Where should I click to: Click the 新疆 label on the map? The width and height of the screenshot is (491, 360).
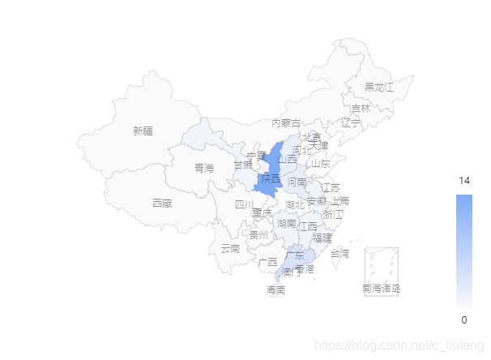point(143,131)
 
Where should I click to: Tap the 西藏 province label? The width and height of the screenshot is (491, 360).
point(162,203)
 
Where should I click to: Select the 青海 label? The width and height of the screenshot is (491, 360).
point(204,169)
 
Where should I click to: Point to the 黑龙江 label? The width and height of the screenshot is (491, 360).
point(378,87)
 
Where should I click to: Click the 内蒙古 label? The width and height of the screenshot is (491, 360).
point(286,123)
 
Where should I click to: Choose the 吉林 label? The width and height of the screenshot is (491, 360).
point(361,109)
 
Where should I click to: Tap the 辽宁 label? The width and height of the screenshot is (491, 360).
point(351,123)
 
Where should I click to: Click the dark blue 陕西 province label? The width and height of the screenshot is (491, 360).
point(271,179)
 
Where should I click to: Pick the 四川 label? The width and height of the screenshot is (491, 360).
point(244,205)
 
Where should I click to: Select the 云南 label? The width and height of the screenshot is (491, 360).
point(231,248)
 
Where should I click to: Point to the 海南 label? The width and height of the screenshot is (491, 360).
point(275,289)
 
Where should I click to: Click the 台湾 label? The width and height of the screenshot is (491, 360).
point(339,254)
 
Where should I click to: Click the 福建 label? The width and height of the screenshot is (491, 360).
point(322,238)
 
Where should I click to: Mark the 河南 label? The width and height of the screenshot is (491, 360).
point(297,182)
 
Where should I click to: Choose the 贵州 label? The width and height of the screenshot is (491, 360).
point(258,235)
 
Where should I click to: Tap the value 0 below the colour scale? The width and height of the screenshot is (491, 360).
point(464,319)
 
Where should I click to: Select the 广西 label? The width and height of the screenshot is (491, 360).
point(267,262)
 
